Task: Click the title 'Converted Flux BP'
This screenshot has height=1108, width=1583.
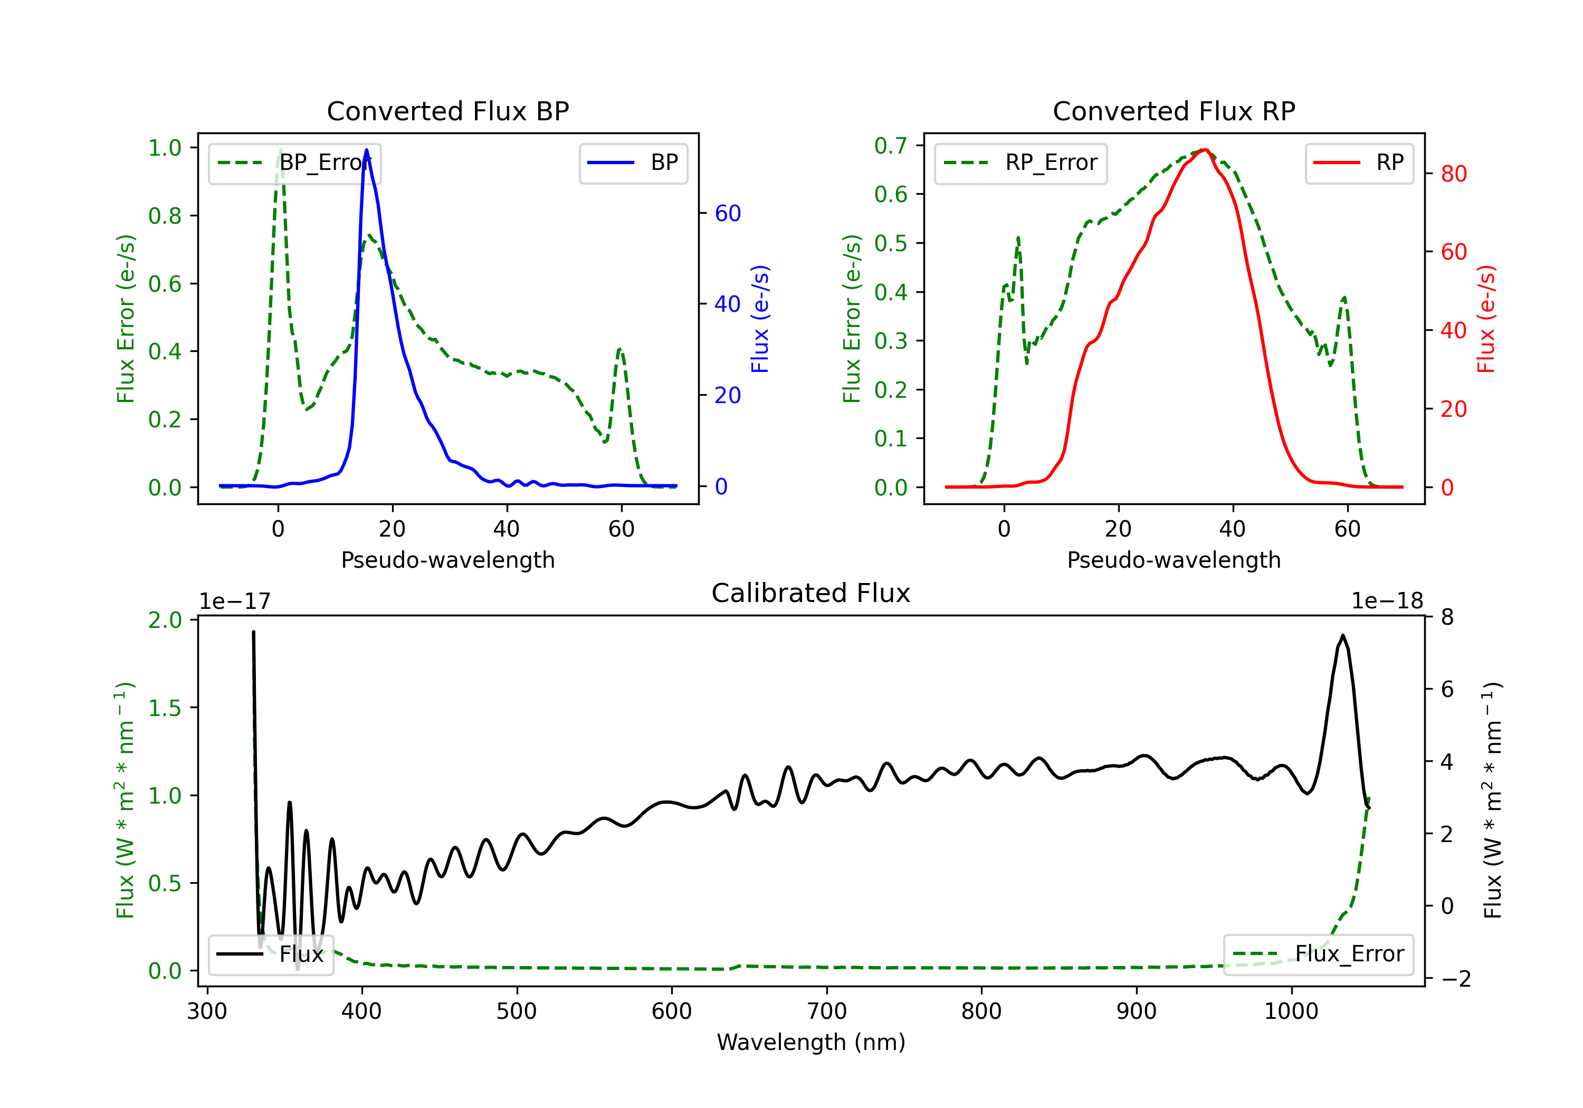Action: [x=447, y=111]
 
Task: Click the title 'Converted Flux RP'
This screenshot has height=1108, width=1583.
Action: [x=1174, y=111]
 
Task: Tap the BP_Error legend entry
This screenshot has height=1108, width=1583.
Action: [x=295, y=163]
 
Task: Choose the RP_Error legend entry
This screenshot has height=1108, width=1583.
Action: [x=1021, y=163]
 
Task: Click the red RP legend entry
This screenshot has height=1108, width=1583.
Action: [x=1359, y=163]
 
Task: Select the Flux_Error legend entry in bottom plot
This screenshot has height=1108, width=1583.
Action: [x=1318, y=954]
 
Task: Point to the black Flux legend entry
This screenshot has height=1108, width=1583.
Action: [x=271, y=954]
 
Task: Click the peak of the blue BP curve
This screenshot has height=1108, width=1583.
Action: [x=366, y=150]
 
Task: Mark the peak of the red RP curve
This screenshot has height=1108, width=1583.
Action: [x=1204, y=150]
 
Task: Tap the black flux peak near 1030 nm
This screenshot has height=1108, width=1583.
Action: [x=1342, y=635]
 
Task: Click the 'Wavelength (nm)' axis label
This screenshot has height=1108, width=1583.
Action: [x=811, y=1042]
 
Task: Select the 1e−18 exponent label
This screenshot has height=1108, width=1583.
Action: [x=1387, y=601]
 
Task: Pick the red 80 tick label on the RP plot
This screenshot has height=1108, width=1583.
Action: [x=1453, y=174]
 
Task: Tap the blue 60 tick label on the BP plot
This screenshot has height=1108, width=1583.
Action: [x=727, y=213]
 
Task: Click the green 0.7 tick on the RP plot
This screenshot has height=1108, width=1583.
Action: [x=890, y=146]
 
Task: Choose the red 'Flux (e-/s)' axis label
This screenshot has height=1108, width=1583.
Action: [x=1486, y=319]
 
